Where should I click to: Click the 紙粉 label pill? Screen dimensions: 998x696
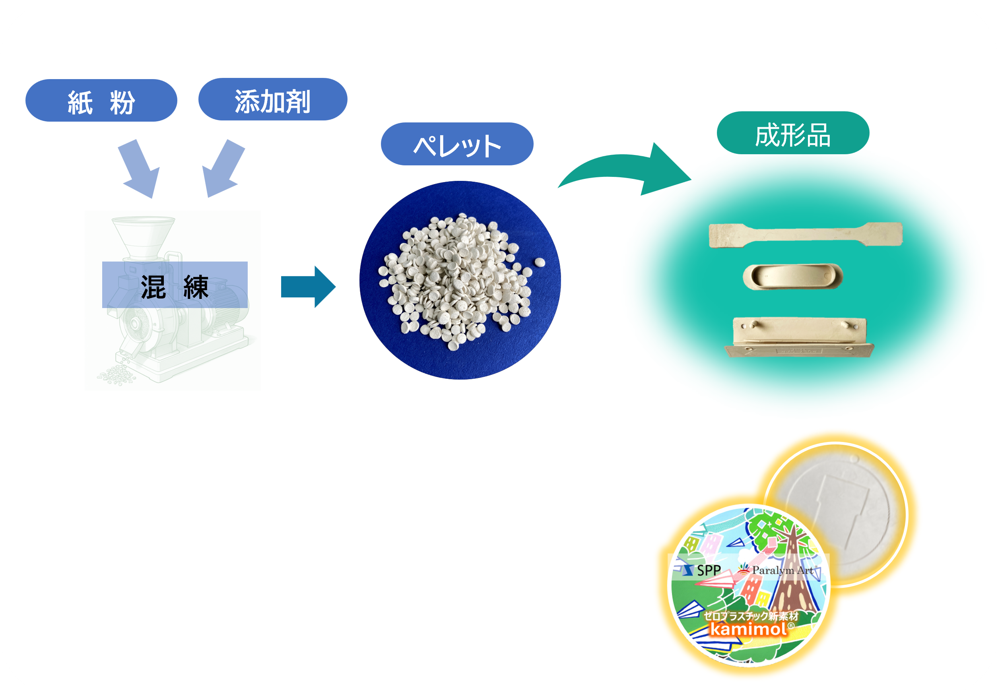click(x=101, y=100)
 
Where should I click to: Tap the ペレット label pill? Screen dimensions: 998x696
click(x=457, y=144)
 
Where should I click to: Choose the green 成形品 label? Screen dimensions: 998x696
click(x=793, y=133)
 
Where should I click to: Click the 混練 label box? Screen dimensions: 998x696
click(x=175, y=285)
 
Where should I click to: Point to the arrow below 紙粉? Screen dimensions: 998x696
click(x=139, y=169)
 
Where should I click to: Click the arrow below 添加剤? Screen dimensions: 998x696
click(x=223, y=169)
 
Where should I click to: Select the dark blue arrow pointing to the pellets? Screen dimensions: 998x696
click(x=308, y=287)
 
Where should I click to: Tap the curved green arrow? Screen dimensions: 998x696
click(x=625, y=169)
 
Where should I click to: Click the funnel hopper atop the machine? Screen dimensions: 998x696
click(x=144, y=238)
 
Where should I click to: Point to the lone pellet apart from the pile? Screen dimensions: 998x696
click(x=540, y=262)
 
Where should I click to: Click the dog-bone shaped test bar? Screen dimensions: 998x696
click(x=806, y=235)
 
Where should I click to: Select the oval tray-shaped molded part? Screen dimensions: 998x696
click(x=793, y=276)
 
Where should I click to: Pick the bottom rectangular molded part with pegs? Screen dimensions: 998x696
click(x=799, y=337)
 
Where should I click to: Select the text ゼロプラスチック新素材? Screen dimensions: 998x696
click(x=751, y=616)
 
